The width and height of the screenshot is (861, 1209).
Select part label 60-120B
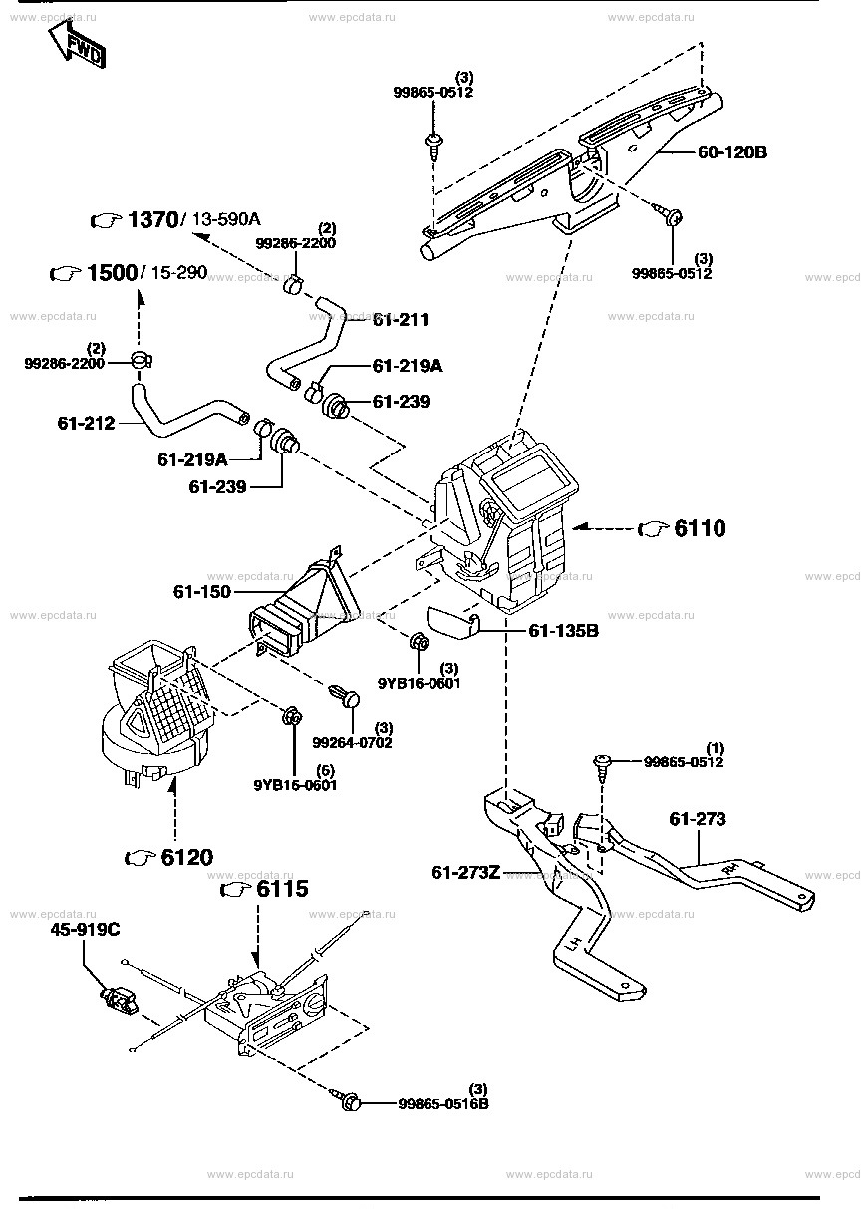coord(732,152)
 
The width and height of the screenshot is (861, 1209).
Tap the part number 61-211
coord(401,320)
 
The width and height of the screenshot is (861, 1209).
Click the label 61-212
coord(87,423)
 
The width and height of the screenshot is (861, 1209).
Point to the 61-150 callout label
coord(202,592)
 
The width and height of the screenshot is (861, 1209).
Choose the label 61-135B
coord(563,630)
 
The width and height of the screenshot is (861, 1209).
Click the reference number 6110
coord(700,528)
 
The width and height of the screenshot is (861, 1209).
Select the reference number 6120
coord(186,857)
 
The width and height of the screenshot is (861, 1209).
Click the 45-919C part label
coord(87,930)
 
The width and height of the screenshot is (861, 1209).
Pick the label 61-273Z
coord(466,873)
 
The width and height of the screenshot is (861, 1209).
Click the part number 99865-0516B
coord(443,1103)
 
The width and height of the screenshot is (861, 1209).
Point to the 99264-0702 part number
coord(352,742)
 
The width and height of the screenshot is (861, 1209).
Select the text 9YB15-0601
coord(296,784)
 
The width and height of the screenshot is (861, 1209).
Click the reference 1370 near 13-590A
coord(149,219)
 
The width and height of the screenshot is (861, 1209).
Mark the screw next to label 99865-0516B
coord(349,1101)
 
